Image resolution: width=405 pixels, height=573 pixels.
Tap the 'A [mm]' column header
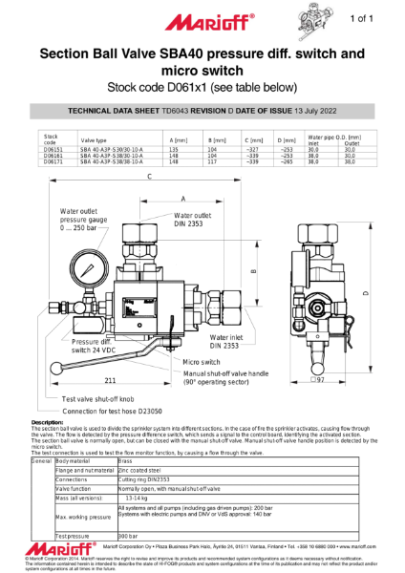pos(179,140)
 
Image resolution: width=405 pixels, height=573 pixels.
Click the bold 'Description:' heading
pos(48,421)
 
